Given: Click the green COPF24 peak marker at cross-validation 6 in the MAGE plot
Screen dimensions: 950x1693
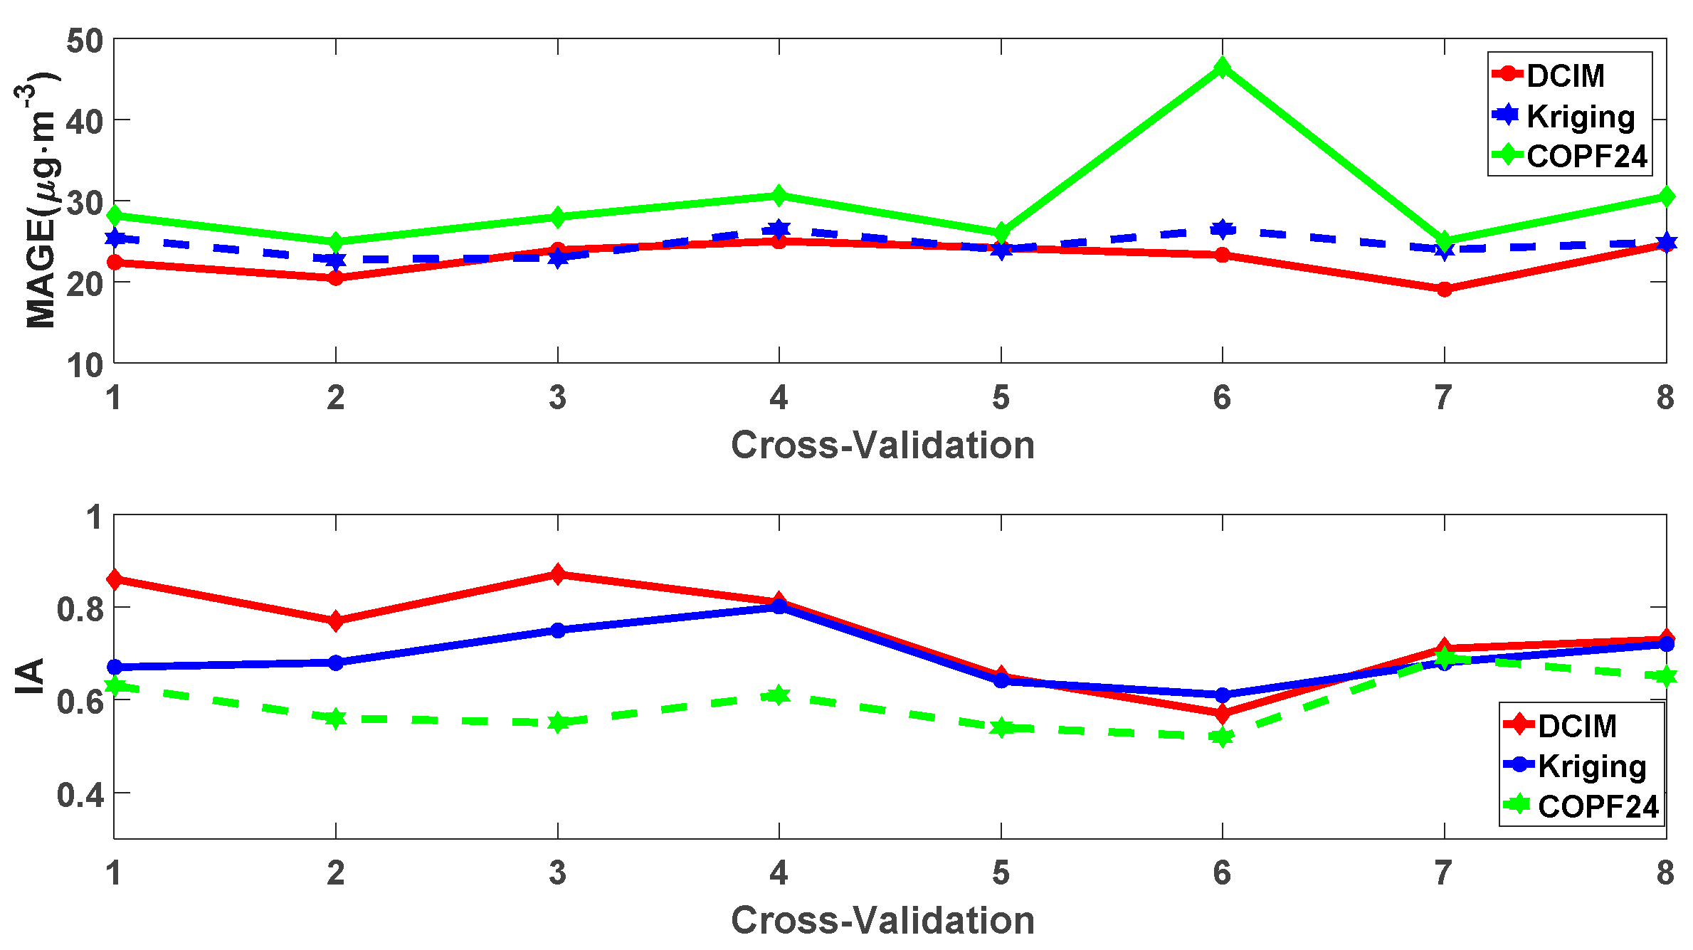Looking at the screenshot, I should point(1223,68).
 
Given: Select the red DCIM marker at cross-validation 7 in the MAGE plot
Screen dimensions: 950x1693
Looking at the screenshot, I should point(1444,289).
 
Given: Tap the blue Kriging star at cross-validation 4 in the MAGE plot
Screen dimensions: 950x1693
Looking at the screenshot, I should point(779,229).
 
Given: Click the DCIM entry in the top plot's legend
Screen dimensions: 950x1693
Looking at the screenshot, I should point(1565,75).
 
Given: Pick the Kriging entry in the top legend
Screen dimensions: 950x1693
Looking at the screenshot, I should point(1580,116).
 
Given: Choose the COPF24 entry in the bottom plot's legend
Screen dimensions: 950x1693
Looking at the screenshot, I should point(1598,806).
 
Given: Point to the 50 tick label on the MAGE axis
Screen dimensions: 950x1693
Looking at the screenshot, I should point(85,41).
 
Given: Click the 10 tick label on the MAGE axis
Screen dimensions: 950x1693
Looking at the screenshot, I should point(85,366).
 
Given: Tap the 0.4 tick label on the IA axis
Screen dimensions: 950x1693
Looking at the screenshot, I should point(80,794).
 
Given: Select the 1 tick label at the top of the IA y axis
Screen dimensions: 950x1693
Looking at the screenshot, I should point(95,517).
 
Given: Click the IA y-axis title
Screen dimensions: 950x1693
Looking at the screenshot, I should point(30,676).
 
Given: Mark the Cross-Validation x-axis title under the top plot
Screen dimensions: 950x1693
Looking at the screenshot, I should point(882,445).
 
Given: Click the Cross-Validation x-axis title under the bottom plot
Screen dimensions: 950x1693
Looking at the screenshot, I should point(882,920).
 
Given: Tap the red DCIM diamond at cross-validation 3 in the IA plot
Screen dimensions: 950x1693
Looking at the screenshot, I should point(558,574).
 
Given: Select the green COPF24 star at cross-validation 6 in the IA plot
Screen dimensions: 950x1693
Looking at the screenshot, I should point(1223,737).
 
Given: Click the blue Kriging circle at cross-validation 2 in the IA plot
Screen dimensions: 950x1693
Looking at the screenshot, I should point(336,663).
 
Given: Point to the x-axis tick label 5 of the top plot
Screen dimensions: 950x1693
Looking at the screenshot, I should point(1001,398).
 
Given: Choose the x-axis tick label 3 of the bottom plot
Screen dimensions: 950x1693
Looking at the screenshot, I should point(557,873).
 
